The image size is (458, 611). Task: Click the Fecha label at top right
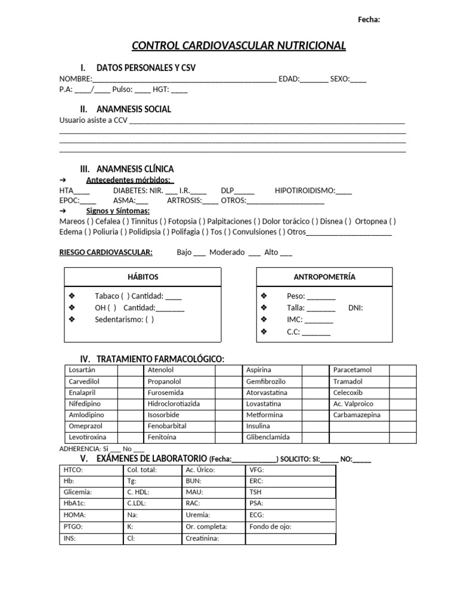pyautogui.click(x=369, y=20)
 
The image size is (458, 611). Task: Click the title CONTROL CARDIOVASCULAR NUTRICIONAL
pyautogui.click(x=238, y=46)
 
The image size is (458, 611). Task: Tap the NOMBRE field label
pyautogui.click(x=75, y=79)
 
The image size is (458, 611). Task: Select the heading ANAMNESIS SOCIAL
pyautogui.click(x=134, y=109)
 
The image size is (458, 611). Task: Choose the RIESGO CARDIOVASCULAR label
pyautogui.click(x=106, y=252)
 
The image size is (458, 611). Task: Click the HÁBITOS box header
pyautogui.click(x=143, y=277)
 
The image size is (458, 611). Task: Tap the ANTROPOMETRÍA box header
pyautogui.click(x=324, y=277)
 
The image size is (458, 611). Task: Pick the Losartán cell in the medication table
pyautogui.click(x=82, y=370)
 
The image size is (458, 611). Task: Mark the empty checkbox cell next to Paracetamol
pyautogui.click(x=402, y=371)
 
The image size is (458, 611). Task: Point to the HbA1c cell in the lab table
pyautogui.click(x=75, y=503)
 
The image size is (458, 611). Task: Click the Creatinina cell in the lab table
pyautogui.click(x=203, y=538)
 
